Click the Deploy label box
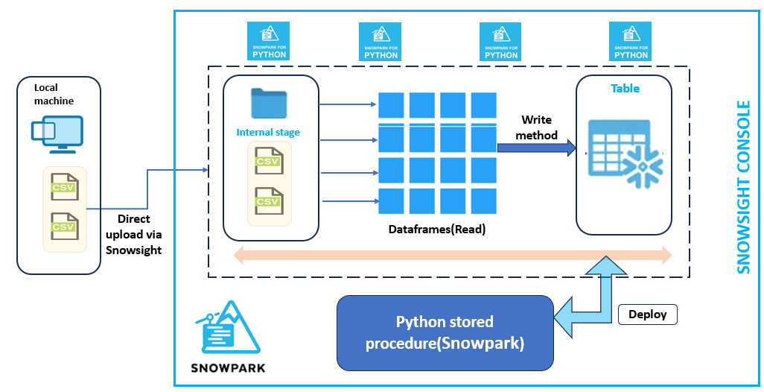tap(648, 314)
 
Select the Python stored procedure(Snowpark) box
tap(445, 332)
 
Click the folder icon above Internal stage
tap(269, 104)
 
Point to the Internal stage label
tap(268, 133)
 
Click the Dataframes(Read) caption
tap(436, 230)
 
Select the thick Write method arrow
tap(536, 148)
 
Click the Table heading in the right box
tap(625, 88)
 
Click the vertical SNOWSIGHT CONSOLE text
tap(744, 187)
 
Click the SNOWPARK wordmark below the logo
tap(228, 368)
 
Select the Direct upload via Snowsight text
tap(134, 235)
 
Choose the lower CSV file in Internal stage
tap(268, 200)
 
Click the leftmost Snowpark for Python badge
tap(267, 41)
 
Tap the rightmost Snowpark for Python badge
tap(629, 41)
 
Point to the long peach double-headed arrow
tap(453, 256)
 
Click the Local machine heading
tap(54, 94)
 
